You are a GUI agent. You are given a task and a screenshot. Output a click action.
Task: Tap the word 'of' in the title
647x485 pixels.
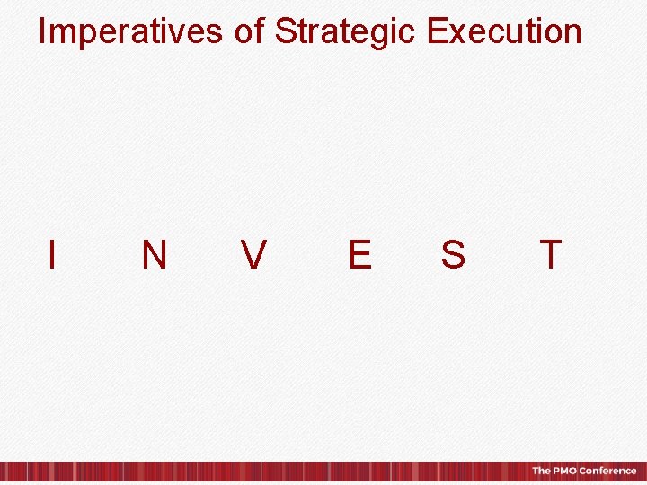[x=249, y=31]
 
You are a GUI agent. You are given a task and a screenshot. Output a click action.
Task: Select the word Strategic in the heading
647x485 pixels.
[x=346, y=31]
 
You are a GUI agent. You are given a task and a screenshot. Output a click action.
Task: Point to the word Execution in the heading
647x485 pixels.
[x=504, y=31]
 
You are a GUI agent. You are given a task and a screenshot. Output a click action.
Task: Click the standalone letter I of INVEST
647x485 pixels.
[x=53, y=255]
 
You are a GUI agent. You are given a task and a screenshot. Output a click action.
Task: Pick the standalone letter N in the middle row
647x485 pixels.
[x=154, y=255]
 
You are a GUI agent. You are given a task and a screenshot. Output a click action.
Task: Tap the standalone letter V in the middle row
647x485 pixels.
[x=253, y=255]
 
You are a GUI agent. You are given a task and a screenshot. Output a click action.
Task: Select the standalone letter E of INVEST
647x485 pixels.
[x=359, y=255]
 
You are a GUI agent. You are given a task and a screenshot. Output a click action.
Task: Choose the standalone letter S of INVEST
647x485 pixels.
[x=453, y=255]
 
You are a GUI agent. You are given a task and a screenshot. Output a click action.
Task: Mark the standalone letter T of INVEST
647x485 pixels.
[x=550, y=255]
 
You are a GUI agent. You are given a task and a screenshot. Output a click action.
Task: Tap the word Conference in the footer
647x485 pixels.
[x=607, y=471]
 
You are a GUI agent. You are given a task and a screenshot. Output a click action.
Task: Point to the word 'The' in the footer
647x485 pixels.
[x=541, y=471]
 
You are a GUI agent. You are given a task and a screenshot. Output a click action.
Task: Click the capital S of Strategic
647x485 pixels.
[x=286, y=31]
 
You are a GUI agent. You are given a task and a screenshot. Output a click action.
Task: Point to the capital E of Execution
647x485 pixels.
[x=438, y=31]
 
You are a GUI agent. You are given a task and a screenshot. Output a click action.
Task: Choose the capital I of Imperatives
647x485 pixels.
[x=42, y=31]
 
